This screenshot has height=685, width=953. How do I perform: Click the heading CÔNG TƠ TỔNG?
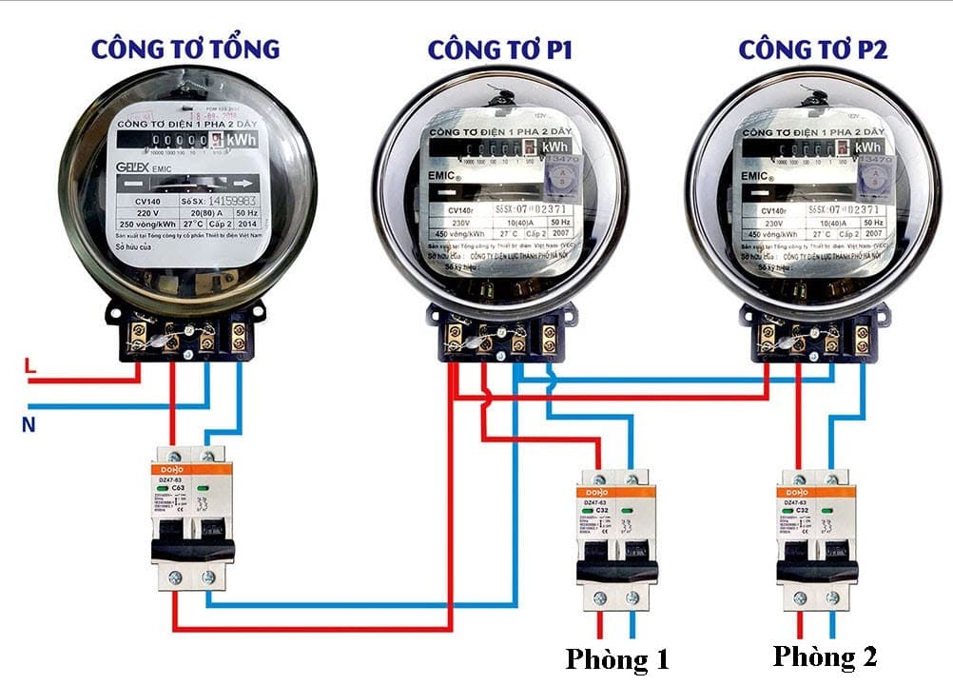pos(185,49)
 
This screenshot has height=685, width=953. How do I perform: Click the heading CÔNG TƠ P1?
pos(499,49)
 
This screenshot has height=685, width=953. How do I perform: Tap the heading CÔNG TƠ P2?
pos(813,49)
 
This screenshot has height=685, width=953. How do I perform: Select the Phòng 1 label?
pos(617,658)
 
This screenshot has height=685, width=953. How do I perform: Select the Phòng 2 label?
pos(824,656)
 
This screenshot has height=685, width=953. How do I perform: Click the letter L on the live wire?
pos(30,365)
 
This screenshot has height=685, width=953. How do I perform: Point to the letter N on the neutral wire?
pos(29,425)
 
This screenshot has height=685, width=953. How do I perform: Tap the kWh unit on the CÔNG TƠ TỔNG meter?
pos(243,140)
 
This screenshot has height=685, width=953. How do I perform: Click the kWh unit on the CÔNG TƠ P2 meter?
pos(866,147)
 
